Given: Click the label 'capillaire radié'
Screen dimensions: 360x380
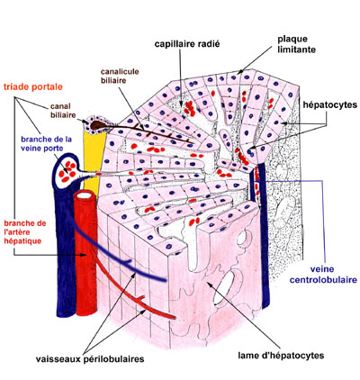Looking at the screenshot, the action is [187, 44].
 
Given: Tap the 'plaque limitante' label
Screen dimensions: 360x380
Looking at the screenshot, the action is [296, 44].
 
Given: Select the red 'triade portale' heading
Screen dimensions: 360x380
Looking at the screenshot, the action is [33, 87].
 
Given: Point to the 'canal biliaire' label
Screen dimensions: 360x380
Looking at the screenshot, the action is [63, 111].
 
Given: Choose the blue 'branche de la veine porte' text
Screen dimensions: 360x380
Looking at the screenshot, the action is [46, 144].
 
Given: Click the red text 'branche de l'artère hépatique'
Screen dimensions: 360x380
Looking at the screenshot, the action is [25, 232].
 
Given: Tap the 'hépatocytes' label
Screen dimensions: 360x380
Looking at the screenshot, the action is [330, 104].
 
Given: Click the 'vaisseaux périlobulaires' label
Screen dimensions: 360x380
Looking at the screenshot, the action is [90, 358].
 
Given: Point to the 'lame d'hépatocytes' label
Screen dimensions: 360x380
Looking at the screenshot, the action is [281, 356].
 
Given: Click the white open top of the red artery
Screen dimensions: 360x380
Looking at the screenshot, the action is [85, 195].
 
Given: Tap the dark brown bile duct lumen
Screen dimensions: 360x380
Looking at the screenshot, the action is [98, 125].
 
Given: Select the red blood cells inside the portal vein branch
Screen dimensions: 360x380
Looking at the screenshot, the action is [67, 171].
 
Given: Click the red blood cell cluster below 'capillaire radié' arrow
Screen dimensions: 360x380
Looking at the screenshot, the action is [190, 108].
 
